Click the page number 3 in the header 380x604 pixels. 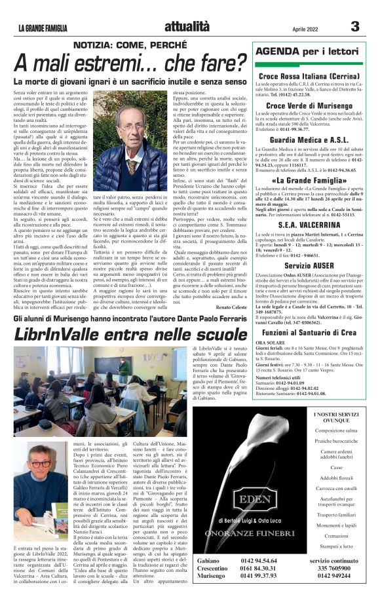[x=354, y=27]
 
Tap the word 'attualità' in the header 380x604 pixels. [x=187, y=26]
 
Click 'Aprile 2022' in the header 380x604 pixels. [x=290, y=29]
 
